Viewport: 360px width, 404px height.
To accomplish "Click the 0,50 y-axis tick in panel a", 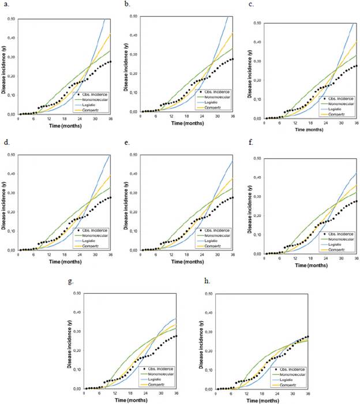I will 11,19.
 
